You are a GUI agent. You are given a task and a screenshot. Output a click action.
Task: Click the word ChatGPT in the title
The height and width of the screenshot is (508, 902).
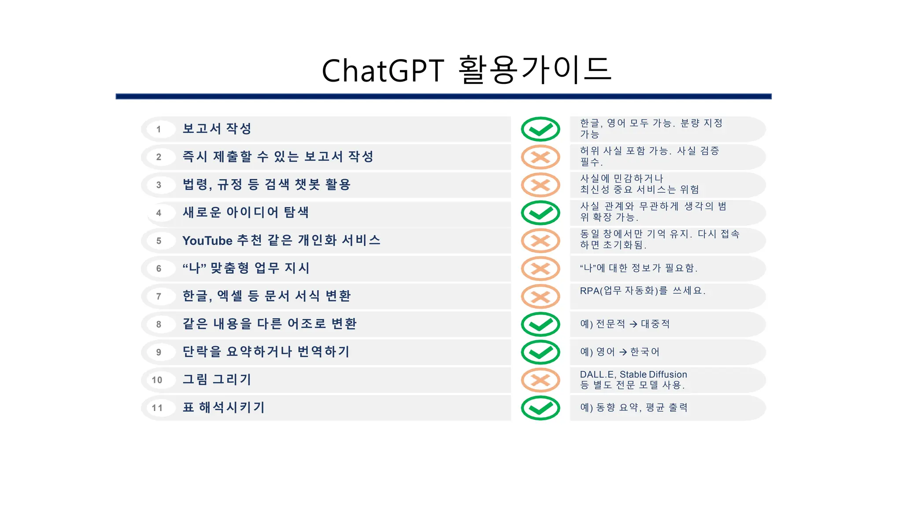click(383, 71)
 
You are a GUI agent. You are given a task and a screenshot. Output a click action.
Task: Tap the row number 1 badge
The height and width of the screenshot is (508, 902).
click(159, 129)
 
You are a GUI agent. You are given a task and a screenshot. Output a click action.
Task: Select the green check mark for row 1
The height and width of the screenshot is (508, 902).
click(540, 129)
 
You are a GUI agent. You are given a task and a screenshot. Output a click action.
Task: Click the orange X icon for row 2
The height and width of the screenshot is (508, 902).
click(540, 157)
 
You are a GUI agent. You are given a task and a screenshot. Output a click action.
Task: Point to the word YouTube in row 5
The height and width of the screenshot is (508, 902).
click(207, 241)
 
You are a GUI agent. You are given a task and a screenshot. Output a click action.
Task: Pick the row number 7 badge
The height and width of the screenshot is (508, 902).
click(159, 296)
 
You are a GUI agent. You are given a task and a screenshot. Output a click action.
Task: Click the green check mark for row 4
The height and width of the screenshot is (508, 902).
click(540, 213)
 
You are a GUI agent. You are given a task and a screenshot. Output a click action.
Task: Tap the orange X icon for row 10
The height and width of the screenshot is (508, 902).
click(540, 380)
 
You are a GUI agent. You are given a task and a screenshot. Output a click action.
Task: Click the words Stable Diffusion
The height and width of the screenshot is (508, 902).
click(653, 374)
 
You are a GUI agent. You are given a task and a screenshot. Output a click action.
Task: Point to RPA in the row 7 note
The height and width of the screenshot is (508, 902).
click(589, 291)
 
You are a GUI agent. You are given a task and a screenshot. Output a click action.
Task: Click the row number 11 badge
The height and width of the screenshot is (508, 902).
click(157, 408)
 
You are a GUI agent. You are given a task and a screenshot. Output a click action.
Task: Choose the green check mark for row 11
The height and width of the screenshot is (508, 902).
click(540, 408)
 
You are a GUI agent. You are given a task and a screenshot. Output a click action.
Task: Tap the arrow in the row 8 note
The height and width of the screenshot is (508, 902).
click(633, 324)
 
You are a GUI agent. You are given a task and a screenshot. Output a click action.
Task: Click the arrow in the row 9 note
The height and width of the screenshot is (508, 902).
click(623, 352)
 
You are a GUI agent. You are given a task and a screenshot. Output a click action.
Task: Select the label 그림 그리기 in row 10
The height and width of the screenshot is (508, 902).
click(217, 380)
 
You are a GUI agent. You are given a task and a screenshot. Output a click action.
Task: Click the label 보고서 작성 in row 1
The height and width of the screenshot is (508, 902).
click(217, 129)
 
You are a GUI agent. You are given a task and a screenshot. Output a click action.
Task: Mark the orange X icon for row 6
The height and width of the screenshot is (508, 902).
click(540, 269)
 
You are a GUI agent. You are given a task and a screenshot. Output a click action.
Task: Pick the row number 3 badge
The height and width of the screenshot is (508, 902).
click(159, 185)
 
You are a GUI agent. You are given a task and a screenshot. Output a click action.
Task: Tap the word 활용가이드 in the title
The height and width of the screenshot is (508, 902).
click(535, 70)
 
